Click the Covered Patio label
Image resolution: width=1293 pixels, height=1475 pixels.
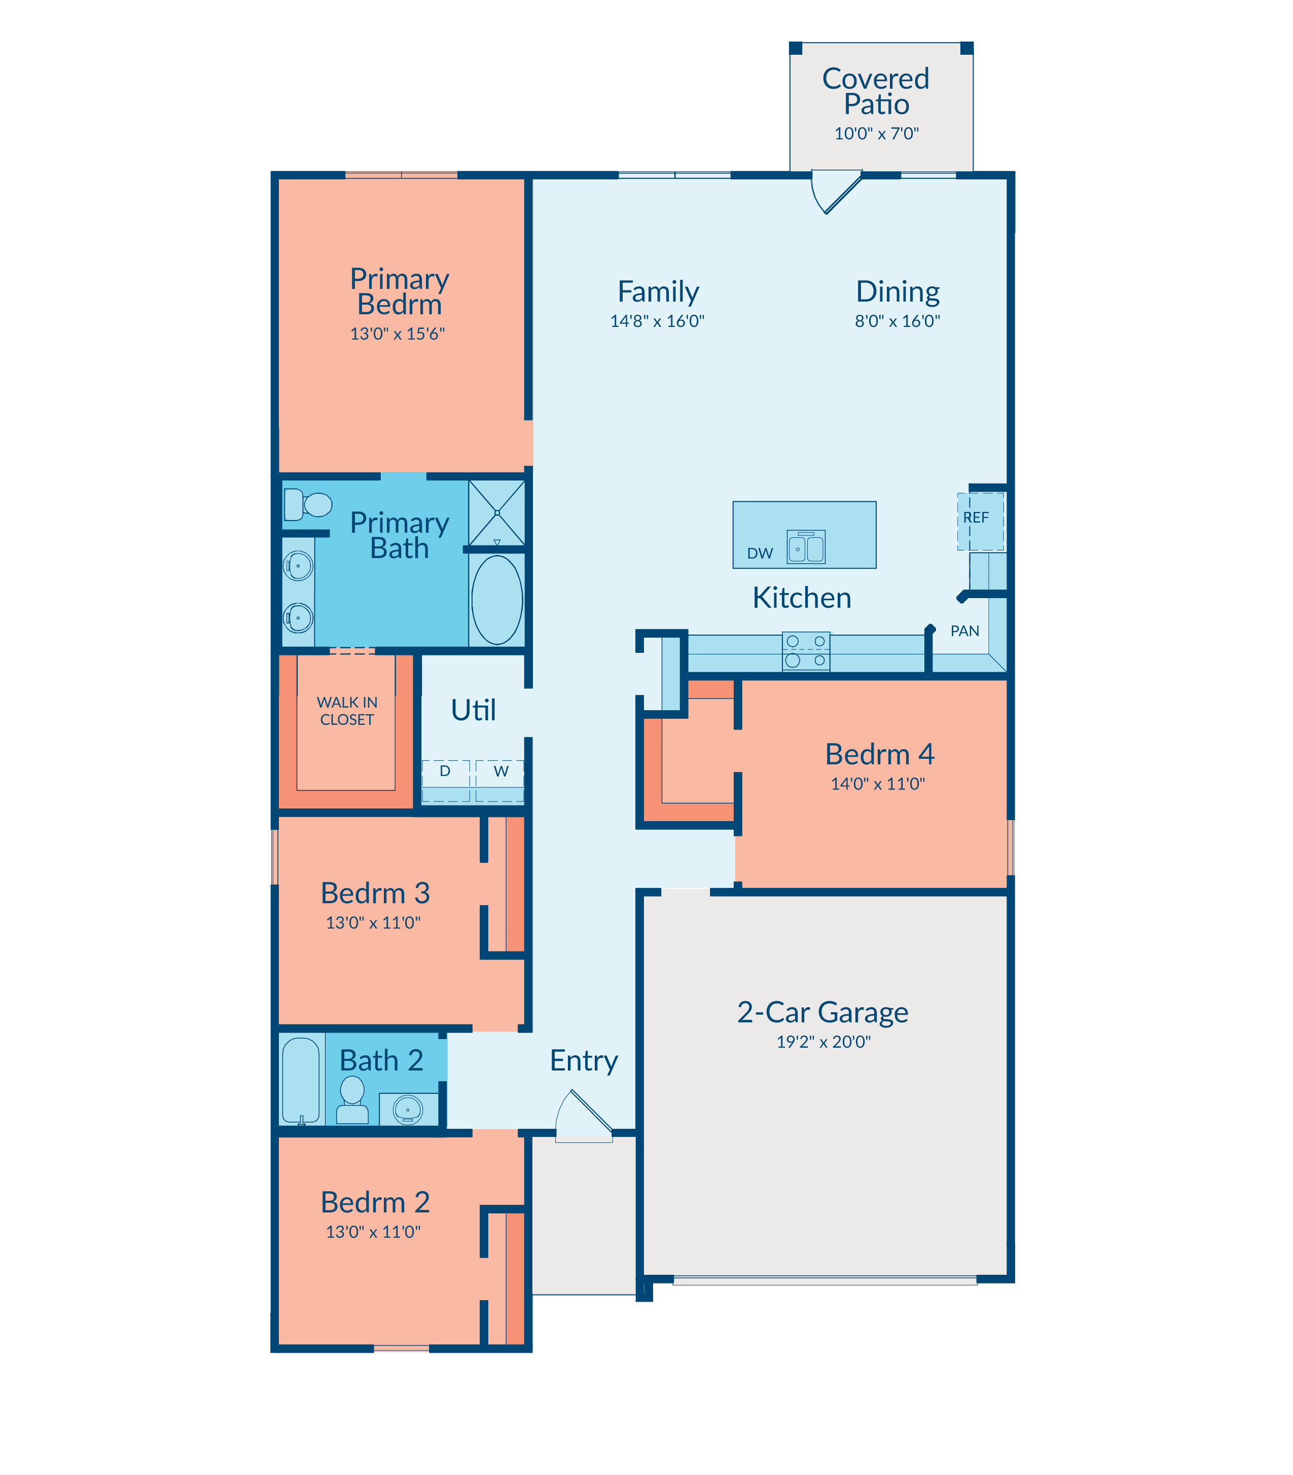[x=876, y=91]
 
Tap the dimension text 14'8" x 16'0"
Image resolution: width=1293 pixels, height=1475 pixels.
[x=657, y=321]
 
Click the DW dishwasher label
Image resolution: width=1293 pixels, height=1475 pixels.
[x=760, y=553]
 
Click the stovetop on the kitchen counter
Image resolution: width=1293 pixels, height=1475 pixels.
[x=806, y=651]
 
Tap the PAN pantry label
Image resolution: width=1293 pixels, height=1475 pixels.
[x=965, y=631]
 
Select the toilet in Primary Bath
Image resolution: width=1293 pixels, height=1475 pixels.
[x=307, y=504]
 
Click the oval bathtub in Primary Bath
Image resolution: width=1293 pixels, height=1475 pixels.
[x=497, y=599]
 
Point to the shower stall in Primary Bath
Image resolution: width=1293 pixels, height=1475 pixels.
[x=497, y=513]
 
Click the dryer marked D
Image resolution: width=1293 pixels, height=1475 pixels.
[x=446, y=781]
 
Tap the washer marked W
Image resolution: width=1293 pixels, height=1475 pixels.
[x=500, y=781]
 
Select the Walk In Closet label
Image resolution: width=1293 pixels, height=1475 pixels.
[x=347, y=711]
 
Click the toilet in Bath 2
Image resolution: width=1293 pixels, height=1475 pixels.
[x=352, y=1099]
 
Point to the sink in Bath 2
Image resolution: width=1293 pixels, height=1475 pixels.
[x=408, y=1109]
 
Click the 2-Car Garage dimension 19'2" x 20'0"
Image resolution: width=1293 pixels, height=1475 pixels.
[x=823, y=1042]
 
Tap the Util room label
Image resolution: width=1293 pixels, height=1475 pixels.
[x=473, y=710]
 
